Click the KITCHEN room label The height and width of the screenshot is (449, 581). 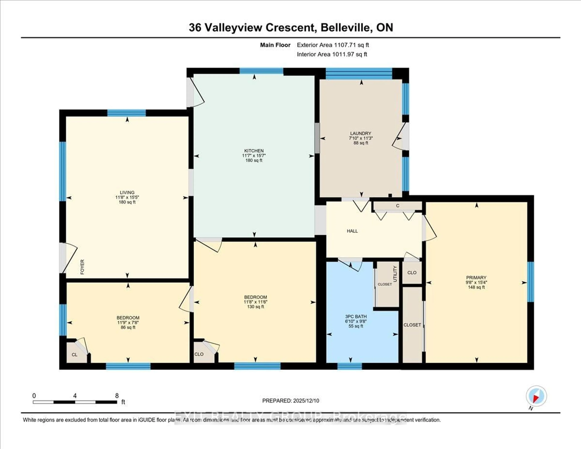point(254,151)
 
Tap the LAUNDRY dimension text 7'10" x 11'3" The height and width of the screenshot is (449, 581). point(361,138)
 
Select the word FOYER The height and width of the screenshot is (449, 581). point(82,267)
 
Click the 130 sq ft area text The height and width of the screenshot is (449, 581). point(255,307)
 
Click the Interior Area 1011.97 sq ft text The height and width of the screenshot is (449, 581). point(332,54)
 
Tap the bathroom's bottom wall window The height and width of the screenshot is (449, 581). point(350,366)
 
